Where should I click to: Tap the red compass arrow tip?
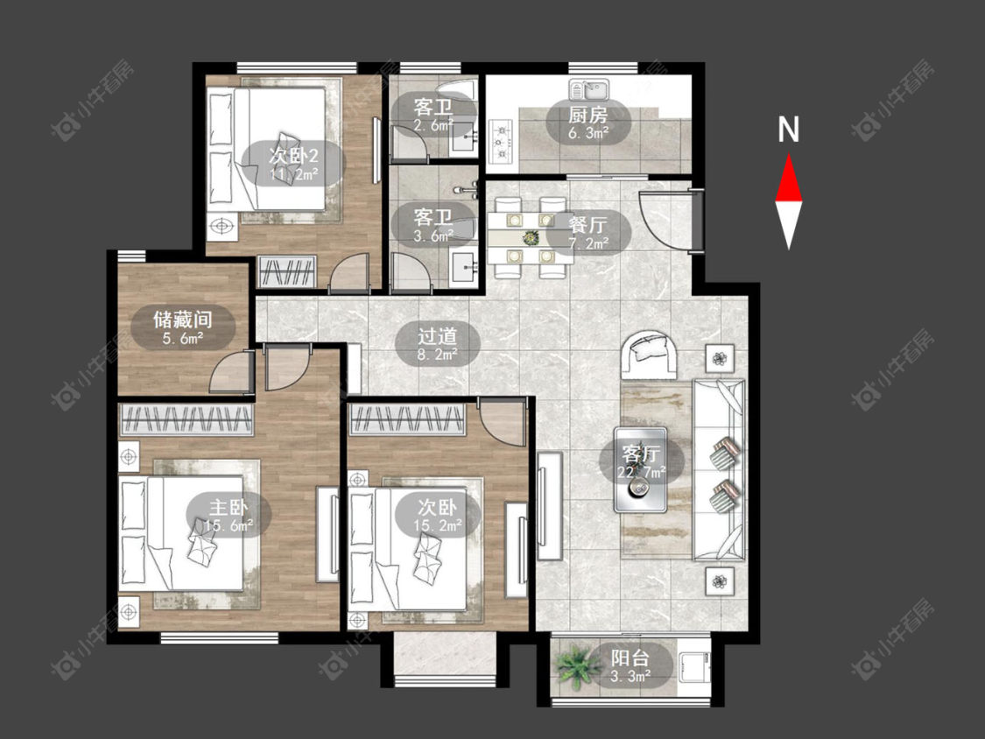click(x=788, y=155)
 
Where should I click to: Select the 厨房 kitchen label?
click(x=588, y=115)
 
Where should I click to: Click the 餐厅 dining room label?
click(x=587, y=223)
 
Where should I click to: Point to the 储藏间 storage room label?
click(x=183, y=320)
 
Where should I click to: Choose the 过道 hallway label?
click(x=437, y=336)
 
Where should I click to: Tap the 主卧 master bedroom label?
click(x=229, y=507)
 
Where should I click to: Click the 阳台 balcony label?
click(x=630, y=658)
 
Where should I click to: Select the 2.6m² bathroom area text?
click(x=433, y=125)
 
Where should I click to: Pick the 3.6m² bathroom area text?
click(x=433, y=236)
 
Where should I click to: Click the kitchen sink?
click(x=589, y=90)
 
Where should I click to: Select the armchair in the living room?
click(x=650, y=354)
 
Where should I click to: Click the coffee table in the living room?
click(x=640, y=470)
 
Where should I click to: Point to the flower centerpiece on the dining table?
click(x=531, y=237)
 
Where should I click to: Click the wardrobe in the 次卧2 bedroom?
click(x=286, y=272)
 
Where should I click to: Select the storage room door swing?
click(x=231, y=372)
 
